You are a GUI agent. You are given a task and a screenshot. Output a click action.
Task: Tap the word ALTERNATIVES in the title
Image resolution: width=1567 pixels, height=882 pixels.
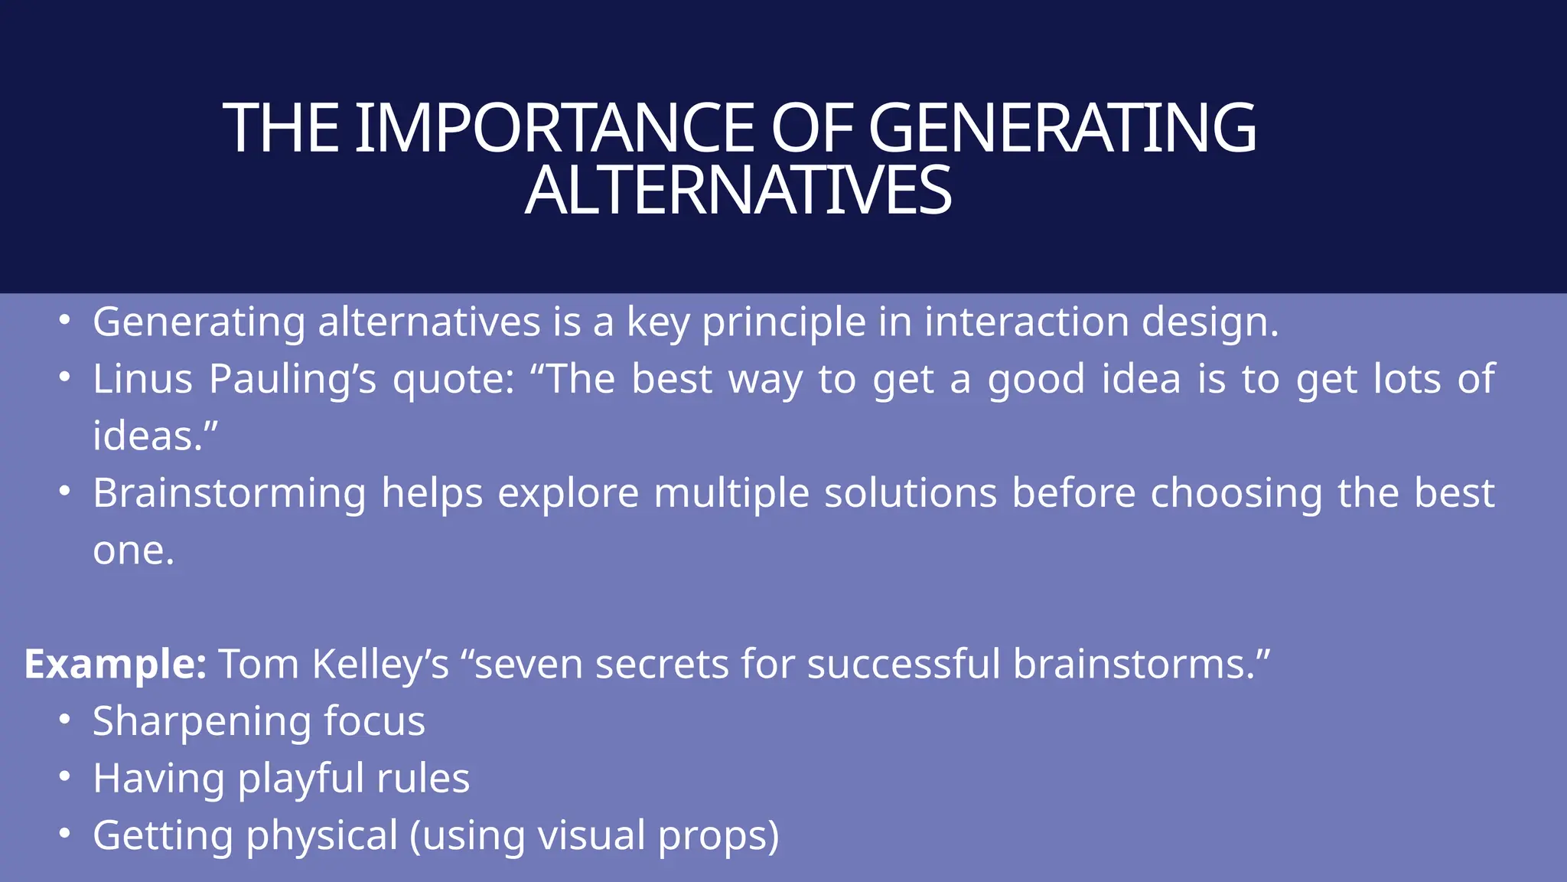pos(738,191)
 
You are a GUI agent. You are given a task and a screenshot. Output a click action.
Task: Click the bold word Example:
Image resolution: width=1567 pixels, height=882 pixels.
pos(116,664)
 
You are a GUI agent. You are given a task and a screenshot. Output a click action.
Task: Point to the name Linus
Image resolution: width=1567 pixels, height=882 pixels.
pos(142,379)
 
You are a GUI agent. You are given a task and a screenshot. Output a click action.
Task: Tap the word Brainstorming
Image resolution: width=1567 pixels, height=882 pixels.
pos(230,493)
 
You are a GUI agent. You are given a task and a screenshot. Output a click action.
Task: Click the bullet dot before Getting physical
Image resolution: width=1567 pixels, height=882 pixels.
pos(65,833)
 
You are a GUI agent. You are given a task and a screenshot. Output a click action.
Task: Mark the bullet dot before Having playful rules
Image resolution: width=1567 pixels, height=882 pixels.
pos(65,776)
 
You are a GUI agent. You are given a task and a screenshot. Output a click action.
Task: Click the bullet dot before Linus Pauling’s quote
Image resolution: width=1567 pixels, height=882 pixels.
pos(65,377)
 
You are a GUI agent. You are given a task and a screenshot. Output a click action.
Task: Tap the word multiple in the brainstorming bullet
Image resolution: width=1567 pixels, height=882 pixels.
pos(731,493)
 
